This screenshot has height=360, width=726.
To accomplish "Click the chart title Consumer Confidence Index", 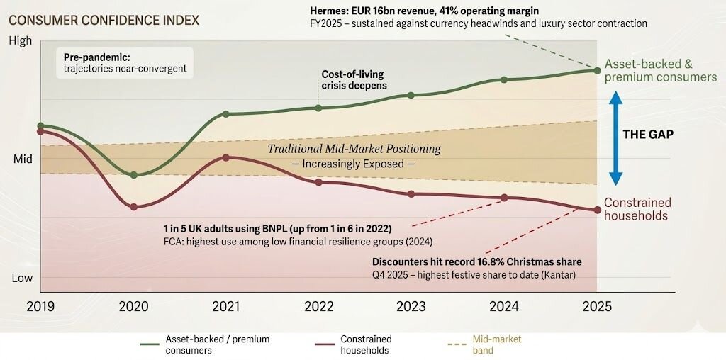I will (x=103, y=21).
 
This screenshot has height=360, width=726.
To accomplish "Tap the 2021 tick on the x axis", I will (x=225, y=307).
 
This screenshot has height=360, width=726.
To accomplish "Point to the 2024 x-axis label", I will (x=504, y=307).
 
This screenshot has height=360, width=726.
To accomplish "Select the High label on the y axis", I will (x=21, y=42).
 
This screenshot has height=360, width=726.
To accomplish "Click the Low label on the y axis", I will (x=22, y=278).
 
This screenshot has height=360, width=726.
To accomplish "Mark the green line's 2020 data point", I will (x=133, y=174).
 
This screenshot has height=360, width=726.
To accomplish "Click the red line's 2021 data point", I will (x=225, y=157).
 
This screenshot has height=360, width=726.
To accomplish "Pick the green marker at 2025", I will (x=597, y=70).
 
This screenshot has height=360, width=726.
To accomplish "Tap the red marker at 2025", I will (x=597, y=210).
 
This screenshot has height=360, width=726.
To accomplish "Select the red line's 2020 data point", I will (x=133, y=207).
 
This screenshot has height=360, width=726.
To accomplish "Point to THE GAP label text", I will (x=647, y=134).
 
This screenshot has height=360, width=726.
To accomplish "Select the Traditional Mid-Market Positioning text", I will (x=354, y=149).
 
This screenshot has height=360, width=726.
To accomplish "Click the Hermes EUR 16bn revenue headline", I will (x=423, y=11).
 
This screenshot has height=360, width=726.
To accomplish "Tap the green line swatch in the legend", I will (x=149, y=344).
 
